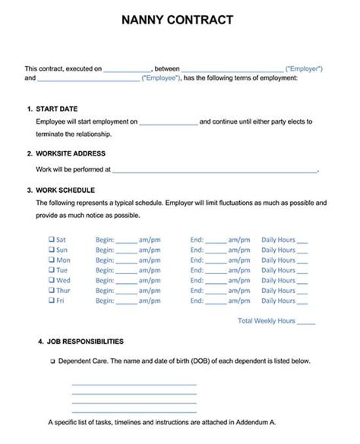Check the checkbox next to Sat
52,239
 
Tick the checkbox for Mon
52,260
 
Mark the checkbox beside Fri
52,301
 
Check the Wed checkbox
52,280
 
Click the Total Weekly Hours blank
306,322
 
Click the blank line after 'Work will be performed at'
214,172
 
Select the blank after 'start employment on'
168,122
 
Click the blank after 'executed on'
127,69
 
